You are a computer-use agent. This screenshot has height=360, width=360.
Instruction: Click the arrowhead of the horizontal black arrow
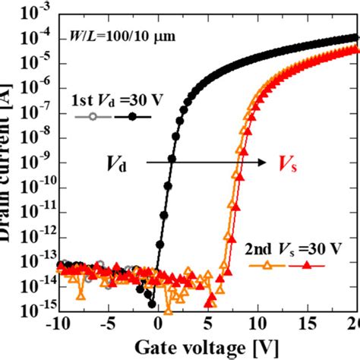coord(262,162)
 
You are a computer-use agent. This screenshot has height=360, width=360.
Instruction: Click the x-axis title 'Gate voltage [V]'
coord(207,349)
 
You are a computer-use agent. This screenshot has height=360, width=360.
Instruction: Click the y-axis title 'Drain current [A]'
coord(9,167)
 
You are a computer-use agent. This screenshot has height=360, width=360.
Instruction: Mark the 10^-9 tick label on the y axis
coord(34,163)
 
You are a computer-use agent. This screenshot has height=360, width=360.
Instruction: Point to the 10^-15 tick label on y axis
coord(34,312)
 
